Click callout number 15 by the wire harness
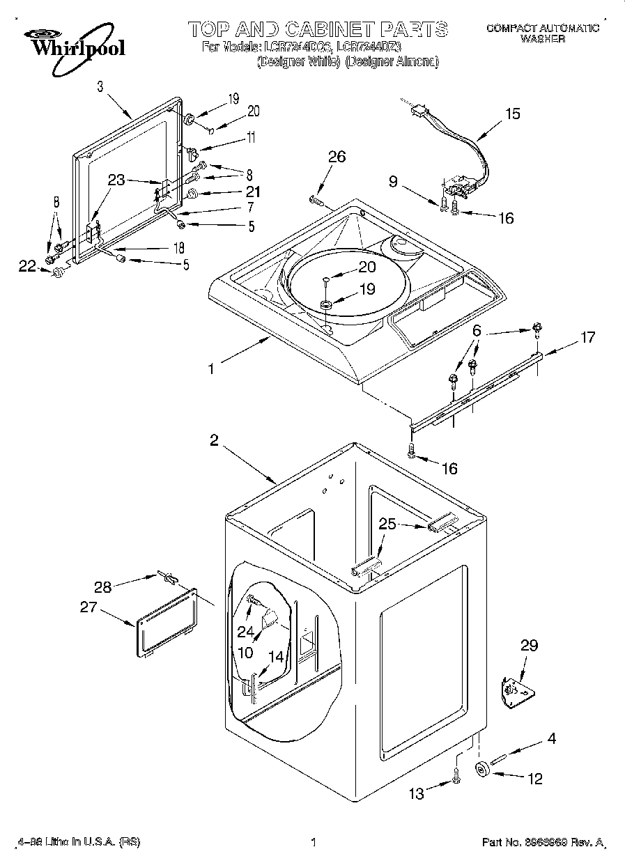[x=512, y=114]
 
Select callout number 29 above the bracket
[x=529, y=646]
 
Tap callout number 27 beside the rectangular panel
[x=89, y=607]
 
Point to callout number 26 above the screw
[x=337, y=157]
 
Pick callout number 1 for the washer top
[x=211, y=369]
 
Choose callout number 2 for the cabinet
[x=215, y=440]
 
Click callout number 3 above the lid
[x=100, y=86]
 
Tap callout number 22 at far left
[x=26, y=265]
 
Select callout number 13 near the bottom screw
[x=416, y=793]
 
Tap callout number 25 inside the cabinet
[x=387, y=524]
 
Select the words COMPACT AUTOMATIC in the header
[x=542, y=28]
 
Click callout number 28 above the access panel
[x=102, y=587]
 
